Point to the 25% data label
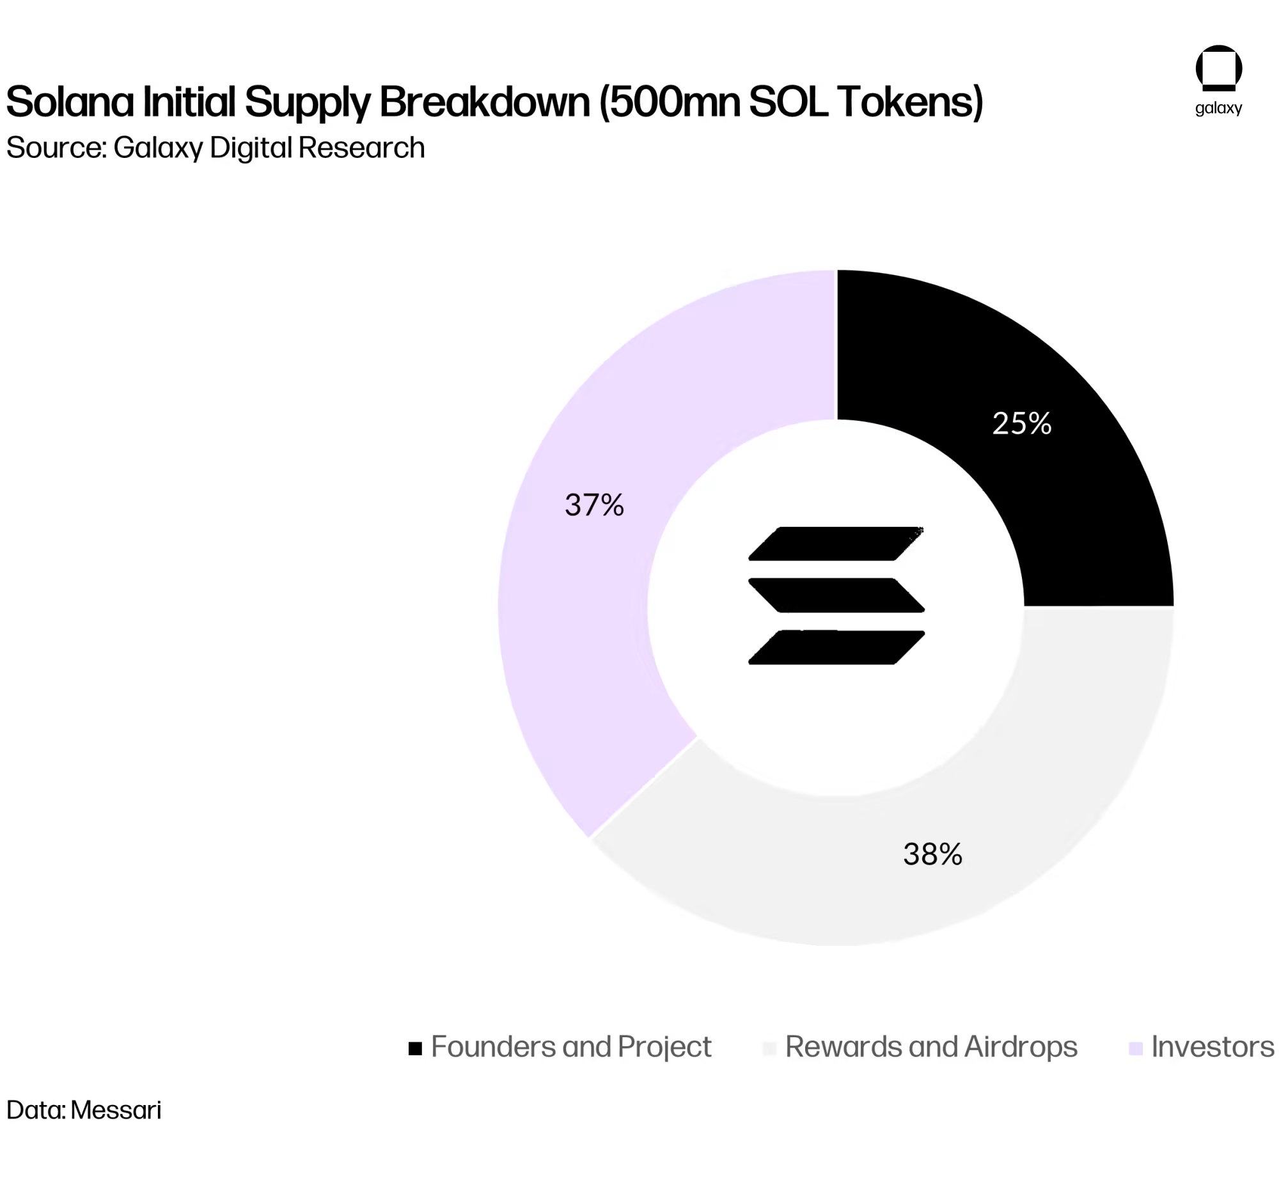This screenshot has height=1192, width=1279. (x=1022, y=424)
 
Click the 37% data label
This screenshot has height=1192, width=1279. (x=595, y=505)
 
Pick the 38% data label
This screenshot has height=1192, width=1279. (x=933, y=854)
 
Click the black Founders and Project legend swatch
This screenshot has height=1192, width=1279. (x=416, y=1049)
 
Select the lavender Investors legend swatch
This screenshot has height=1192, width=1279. (x=1136, y=1049)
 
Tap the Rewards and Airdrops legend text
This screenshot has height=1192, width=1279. (x=931, y=1047)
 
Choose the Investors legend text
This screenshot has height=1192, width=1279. (x=1212, y=1047)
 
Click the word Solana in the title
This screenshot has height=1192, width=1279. (x=70, y=102)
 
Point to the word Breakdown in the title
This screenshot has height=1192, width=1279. (x=484, y=102)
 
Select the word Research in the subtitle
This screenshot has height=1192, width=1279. (x=361, y=148)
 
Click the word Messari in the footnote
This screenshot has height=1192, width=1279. (x=116, y=1110)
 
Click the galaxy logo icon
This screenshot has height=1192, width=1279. (x=1218, y=68)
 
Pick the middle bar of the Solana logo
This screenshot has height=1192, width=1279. (x=836, y=595)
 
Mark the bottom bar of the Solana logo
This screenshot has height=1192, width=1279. (x=836, y=647)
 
